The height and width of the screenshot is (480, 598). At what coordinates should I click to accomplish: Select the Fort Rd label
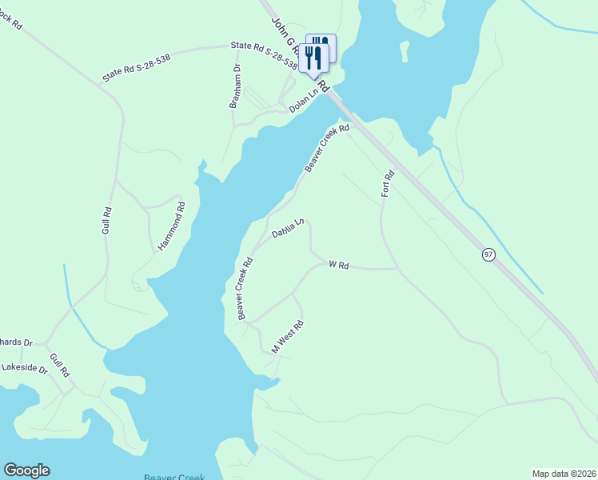(388, 185)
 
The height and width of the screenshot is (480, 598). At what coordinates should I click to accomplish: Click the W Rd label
(339, 264)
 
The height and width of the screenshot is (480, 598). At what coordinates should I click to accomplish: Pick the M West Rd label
(288, 337)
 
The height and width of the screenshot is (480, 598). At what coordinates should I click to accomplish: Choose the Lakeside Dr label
(24, 371)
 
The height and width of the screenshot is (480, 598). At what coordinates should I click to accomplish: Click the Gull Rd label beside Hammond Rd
(106, 220)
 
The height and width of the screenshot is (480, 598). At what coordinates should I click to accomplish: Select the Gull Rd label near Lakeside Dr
(60, 366)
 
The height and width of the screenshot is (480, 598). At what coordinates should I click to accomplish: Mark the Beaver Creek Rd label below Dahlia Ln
(245, 288)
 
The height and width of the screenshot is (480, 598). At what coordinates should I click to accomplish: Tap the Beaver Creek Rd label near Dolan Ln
(327, 148)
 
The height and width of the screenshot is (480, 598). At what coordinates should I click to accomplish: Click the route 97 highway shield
(488, 254)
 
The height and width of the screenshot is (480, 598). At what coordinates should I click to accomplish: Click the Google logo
(26, 470)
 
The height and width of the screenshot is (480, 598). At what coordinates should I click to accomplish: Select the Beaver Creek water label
(174, 476)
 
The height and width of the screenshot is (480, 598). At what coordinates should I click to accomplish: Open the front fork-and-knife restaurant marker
(313, 58)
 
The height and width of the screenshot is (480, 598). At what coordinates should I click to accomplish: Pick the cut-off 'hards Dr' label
(16, 342)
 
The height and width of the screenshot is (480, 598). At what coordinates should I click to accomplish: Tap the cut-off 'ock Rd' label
(10, 19)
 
